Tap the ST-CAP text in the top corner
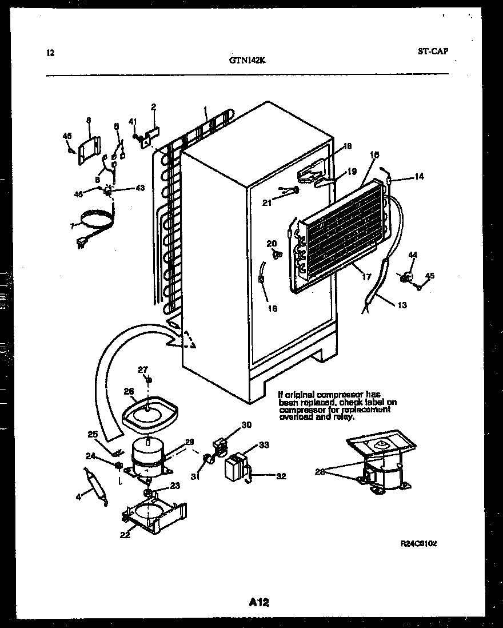pyautogui.click(x=433, y=51)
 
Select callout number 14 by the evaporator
pyautogui.click(x=419, y=177)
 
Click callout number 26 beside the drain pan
pyautogui.click(x=129, y=391)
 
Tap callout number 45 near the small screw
pyautogui.click(x=430, y=275)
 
